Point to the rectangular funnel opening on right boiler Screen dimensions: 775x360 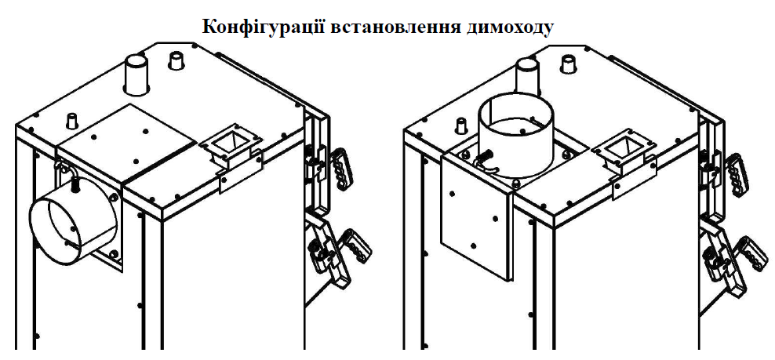coord(624,147)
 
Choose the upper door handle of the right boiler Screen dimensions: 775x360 coord(736,175)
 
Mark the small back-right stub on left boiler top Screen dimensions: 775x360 coord(176,61)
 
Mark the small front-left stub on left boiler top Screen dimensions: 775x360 coord(73,120)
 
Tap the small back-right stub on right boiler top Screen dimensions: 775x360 coord(569,63)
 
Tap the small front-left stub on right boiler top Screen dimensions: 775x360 coord(462,125)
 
